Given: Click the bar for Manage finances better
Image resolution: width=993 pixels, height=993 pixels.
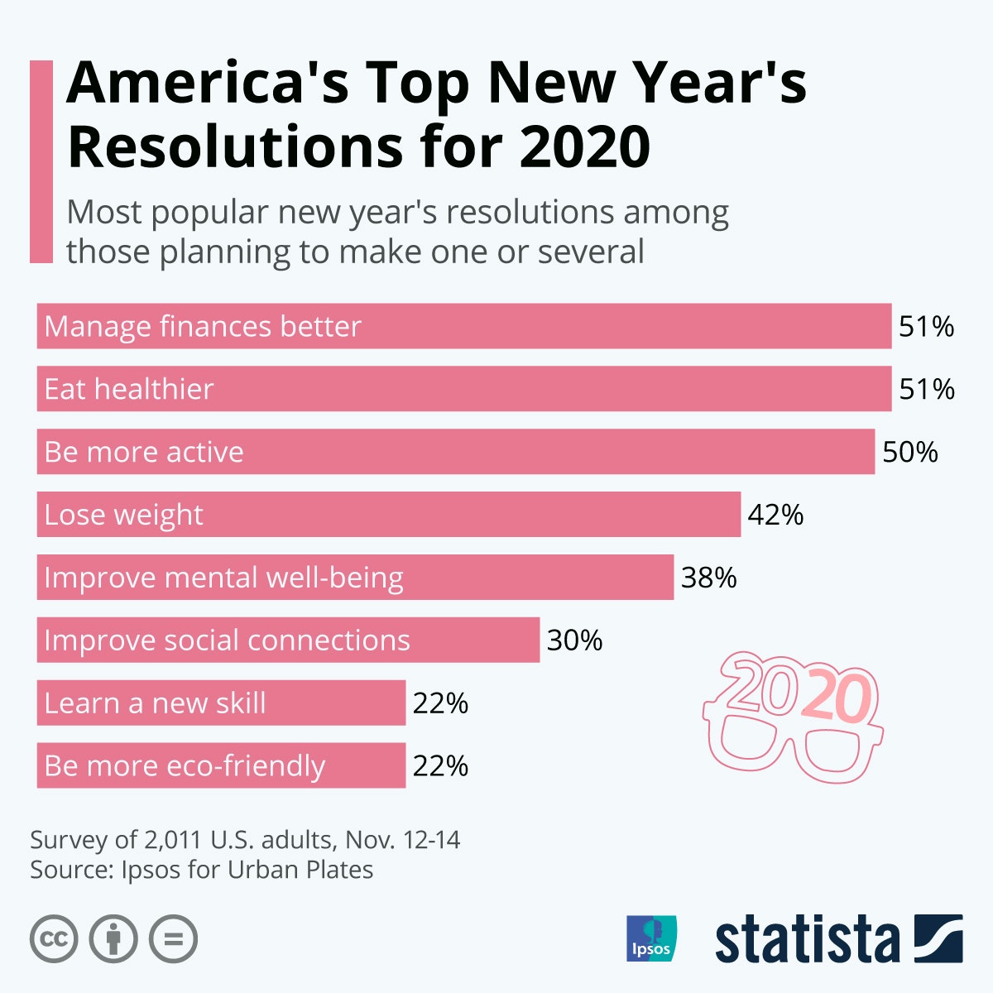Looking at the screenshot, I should tap(463, 326).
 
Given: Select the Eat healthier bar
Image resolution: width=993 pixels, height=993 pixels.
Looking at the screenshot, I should tap(463, 389).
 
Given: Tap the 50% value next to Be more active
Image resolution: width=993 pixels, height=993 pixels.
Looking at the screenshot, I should tap(910, 452).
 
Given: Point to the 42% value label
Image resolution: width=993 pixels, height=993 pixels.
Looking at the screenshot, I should tap(775, 515).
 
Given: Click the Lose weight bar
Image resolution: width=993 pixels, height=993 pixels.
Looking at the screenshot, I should tap(389, 515).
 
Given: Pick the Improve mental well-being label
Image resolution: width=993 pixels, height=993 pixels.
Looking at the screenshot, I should tap(223, 578).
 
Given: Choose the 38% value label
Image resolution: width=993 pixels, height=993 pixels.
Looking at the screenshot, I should tap(708, 578).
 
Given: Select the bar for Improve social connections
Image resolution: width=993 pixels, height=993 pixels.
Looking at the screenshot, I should tap(288, 640).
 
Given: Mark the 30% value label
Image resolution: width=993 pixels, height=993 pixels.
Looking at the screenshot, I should tap(574, 640).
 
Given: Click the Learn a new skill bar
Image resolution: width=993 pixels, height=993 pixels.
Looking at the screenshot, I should tap(221, 703).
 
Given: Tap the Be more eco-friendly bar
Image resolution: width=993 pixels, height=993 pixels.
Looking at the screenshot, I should tap(221, 766).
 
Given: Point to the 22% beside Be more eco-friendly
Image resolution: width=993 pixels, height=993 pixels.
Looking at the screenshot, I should tap(440, 766).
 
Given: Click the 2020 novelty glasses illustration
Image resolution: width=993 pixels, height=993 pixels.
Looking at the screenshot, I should tap(793, 717).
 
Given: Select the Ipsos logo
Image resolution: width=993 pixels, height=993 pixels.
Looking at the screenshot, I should tap(651, 938).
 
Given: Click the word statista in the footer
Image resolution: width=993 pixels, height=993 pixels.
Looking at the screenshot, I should tap(807, 940).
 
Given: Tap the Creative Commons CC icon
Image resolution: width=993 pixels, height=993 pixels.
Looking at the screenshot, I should tap(54, 939).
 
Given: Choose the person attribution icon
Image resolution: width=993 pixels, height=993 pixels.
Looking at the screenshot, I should tap(113, 939).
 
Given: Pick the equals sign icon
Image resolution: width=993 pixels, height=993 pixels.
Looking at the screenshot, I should tap(173, 939).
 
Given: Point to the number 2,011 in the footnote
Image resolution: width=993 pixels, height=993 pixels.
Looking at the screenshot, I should tap(173, 840).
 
